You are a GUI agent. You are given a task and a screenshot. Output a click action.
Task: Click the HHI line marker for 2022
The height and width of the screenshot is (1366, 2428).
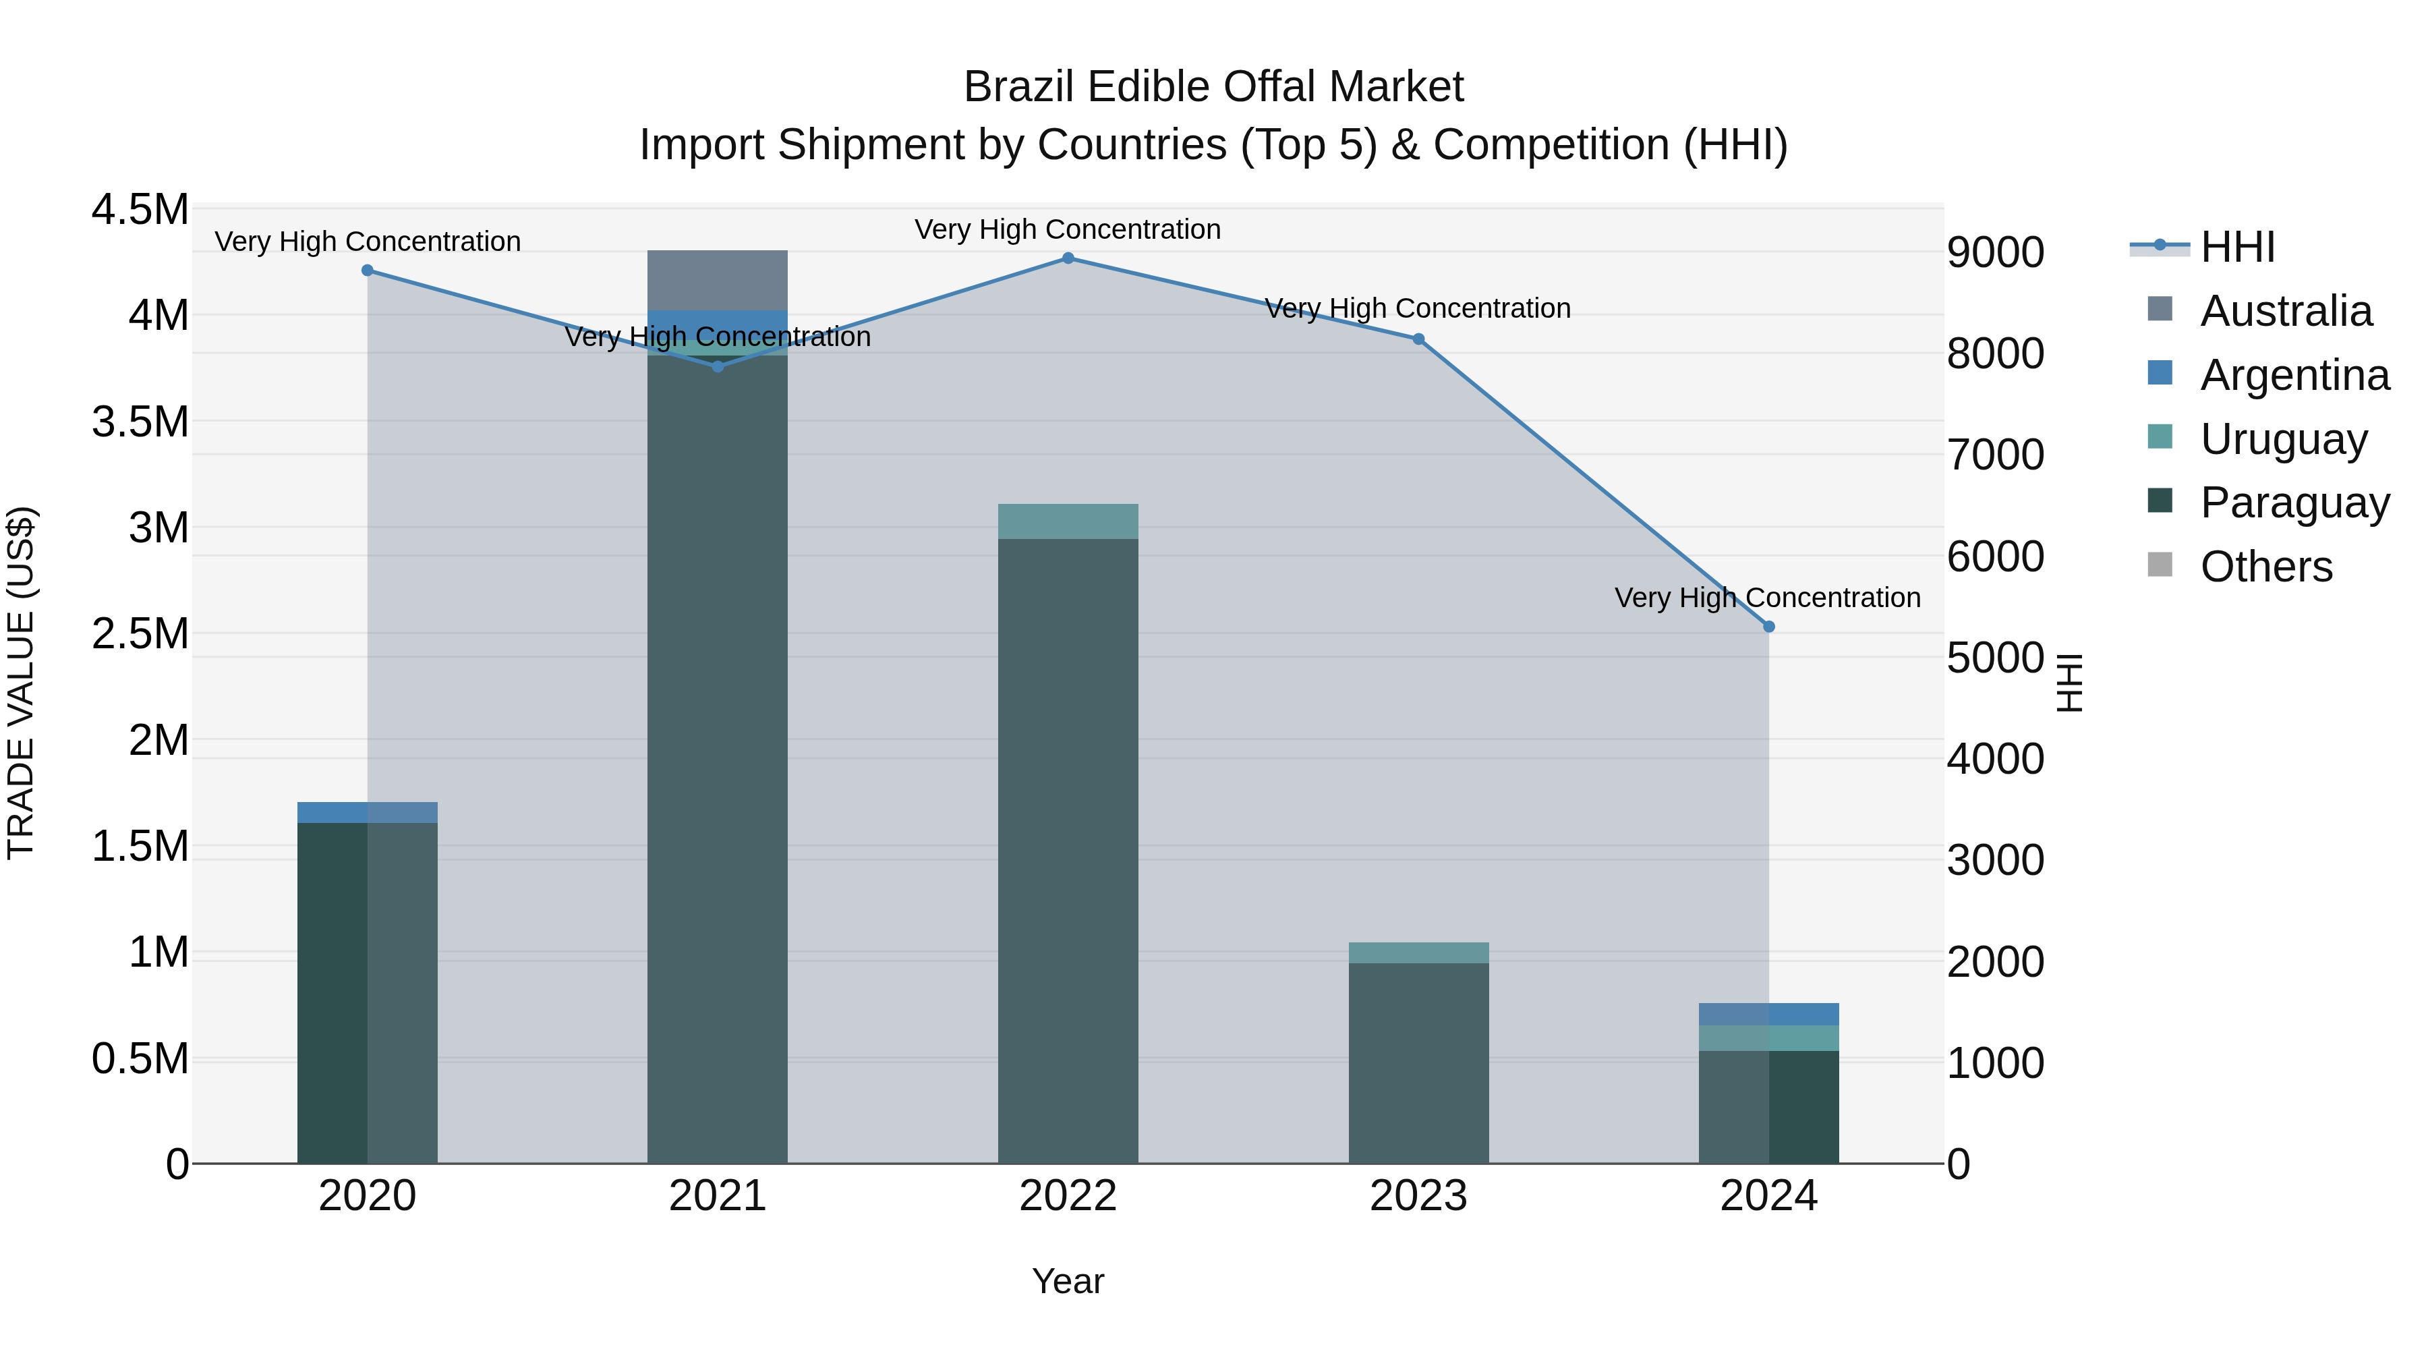coord(1068,258)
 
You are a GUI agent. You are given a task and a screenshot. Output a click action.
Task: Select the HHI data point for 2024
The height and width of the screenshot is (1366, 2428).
coord(1768,626)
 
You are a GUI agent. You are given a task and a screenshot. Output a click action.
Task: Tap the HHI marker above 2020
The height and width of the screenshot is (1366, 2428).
coord(368,271)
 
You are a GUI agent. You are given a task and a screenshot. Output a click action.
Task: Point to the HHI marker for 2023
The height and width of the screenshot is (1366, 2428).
coord(1418,339)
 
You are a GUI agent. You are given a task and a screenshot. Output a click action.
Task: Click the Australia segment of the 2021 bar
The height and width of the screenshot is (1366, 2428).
coord(718,280)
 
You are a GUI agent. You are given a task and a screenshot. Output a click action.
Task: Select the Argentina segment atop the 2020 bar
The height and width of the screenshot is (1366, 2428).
coord(368,813)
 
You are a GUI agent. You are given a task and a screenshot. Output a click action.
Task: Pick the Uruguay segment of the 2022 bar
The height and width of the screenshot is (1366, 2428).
coord(1068,521)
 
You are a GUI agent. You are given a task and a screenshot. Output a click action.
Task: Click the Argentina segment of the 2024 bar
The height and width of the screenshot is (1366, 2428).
coord(1768,1015)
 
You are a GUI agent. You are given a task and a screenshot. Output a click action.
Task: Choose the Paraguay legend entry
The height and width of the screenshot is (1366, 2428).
coord(2294,503)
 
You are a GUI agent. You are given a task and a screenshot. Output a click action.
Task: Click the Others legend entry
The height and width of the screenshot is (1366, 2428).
coord(2266,567)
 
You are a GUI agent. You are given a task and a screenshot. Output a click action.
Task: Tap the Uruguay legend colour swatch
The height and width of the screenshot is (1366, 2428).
coord(2160,437)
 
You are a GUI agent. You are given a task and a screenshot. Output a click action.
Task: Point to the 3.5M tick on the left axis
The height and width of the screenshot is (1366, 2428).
coord(140,422)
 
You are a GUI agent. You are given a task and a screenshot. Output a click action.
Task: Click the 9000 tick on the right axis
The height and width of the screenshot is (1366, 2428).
coord(1996,253)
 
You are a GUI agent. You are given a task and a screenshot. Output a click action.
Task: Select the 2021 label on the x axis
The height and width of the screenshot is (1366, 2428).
coord(718,1196)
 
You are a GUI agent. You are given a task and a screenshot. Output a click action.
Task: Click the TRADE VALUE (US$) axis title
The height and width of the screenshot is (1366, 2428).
coord(21,683)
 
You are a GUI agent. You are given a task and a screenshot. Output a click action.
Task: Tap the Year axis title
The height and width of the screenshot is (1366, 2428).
coord(1068,1281)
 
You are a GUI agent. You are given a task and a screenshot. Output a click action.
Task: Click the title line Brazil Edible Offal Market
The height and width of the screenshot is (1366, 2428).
coord(1213,87)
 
